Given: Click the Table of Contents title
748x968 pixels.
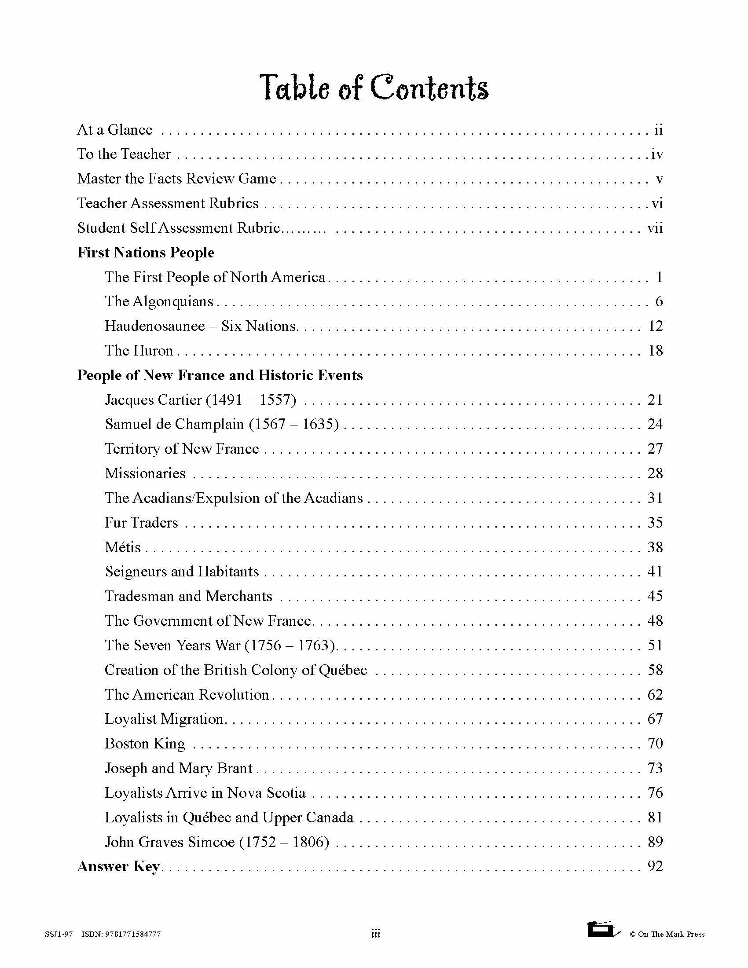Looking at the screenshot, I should [x=374, y=87].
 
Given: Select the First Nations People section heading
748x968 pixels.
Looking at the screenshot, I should [x=146, y=253].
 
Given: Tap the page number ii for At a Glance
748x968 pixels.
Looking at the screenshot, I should [x=659, y=130].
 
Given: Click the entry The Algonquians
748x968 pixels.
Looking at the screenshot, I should [x=159, y=302].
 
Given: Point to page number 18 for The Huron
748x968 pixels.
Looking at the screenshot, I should [x=656, y=351].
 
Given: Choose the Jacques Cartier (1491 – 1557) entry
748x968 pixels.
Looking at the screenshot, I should [x=200, y=400].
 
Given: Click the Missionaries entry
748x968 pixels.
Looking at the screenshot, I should [x=145, y=473].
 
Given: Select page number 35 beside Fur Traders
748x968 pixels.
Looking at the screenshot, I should [x=655, y=523].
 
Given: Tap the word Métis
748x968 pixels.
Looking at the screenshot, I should [x=123, y=547].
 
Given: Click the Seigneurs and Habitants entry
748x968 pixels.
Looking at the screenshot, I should [x=182, y=572].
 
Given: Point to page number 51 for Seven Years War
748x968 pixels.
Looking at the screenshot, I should [x=655, y=645].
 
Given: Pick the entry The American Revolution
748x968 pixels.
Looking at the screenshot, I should [x=187, y=694].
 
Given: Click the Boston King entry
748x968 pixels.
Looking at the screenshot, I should [x=145, y=744].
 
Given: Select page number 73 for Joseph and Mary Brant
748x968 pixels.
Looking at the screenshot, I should [x=655, y=768].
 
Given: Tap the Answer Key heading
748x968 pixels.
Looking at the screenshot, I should [x=118, y=866].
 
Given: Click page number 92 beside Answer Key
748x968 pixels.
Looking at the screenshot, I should [x=655, y=866].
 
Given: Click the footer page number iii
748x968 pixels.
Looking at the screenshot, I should [x=375, y=934].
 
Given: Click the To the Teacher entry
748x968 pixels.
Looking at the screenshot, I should [x=124, y=154].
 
